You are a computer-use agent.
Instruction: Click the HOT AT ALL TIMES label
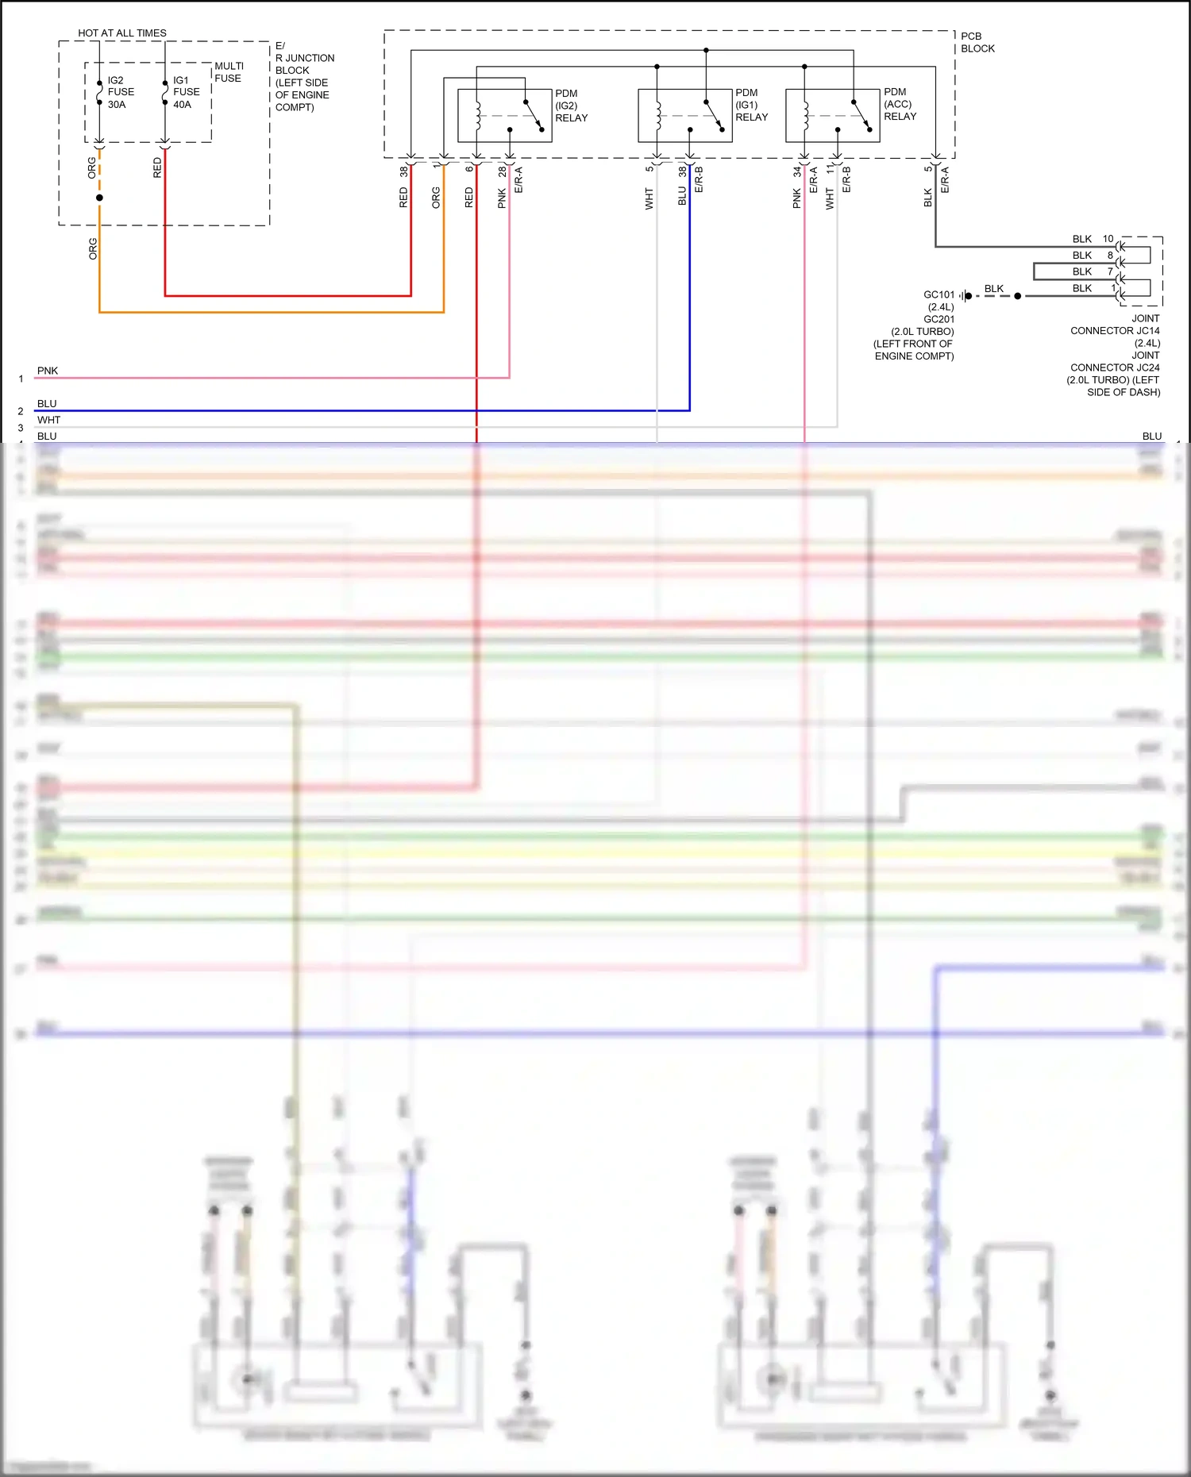pos(122,33)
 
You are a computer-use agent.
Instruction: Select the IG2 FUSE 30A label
pos(121,92)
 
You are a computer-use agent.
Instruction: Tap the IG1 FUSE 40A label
pos(186,92)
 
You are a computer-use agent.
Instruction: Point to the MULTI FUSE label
pos(229,72)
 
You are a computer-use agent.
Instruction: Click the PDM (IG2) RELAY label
pos(571,106)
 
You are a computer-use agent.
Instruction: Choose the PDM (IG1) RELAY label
pos(751,105)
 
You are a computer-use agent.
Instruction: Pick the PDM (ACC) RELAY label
pos(900,104)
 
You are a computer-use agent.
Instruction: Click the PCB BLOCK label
pos(977,42)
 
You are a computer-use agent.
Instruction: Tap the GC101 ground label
pos(939,295)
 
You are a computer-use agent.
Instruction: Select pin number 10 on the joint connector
pos(1108,239)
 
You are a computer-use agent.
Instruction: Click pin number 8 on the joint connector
pos(1110,256)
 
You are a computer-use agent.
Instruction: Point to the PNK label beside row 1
pos(48,371)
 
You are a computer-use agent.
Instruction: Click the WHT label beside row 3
pos(48,420)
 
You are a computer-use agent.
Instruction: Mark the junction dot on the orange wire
pos(99,198)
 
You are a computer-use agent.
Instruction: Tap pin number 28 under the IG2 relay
pos(502,171)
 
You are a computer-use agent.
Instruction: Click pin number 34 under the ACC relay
pos(796,171)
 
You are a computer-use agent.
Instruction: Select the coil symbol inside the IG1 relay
pos(657,115)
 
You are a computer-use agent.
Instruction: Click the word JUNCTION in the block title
pos(310,58)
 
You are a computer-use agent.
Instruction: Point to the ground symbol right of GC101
pos(964,296)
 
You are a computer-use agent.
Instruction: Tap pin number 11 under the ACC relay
pos(830,170)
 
